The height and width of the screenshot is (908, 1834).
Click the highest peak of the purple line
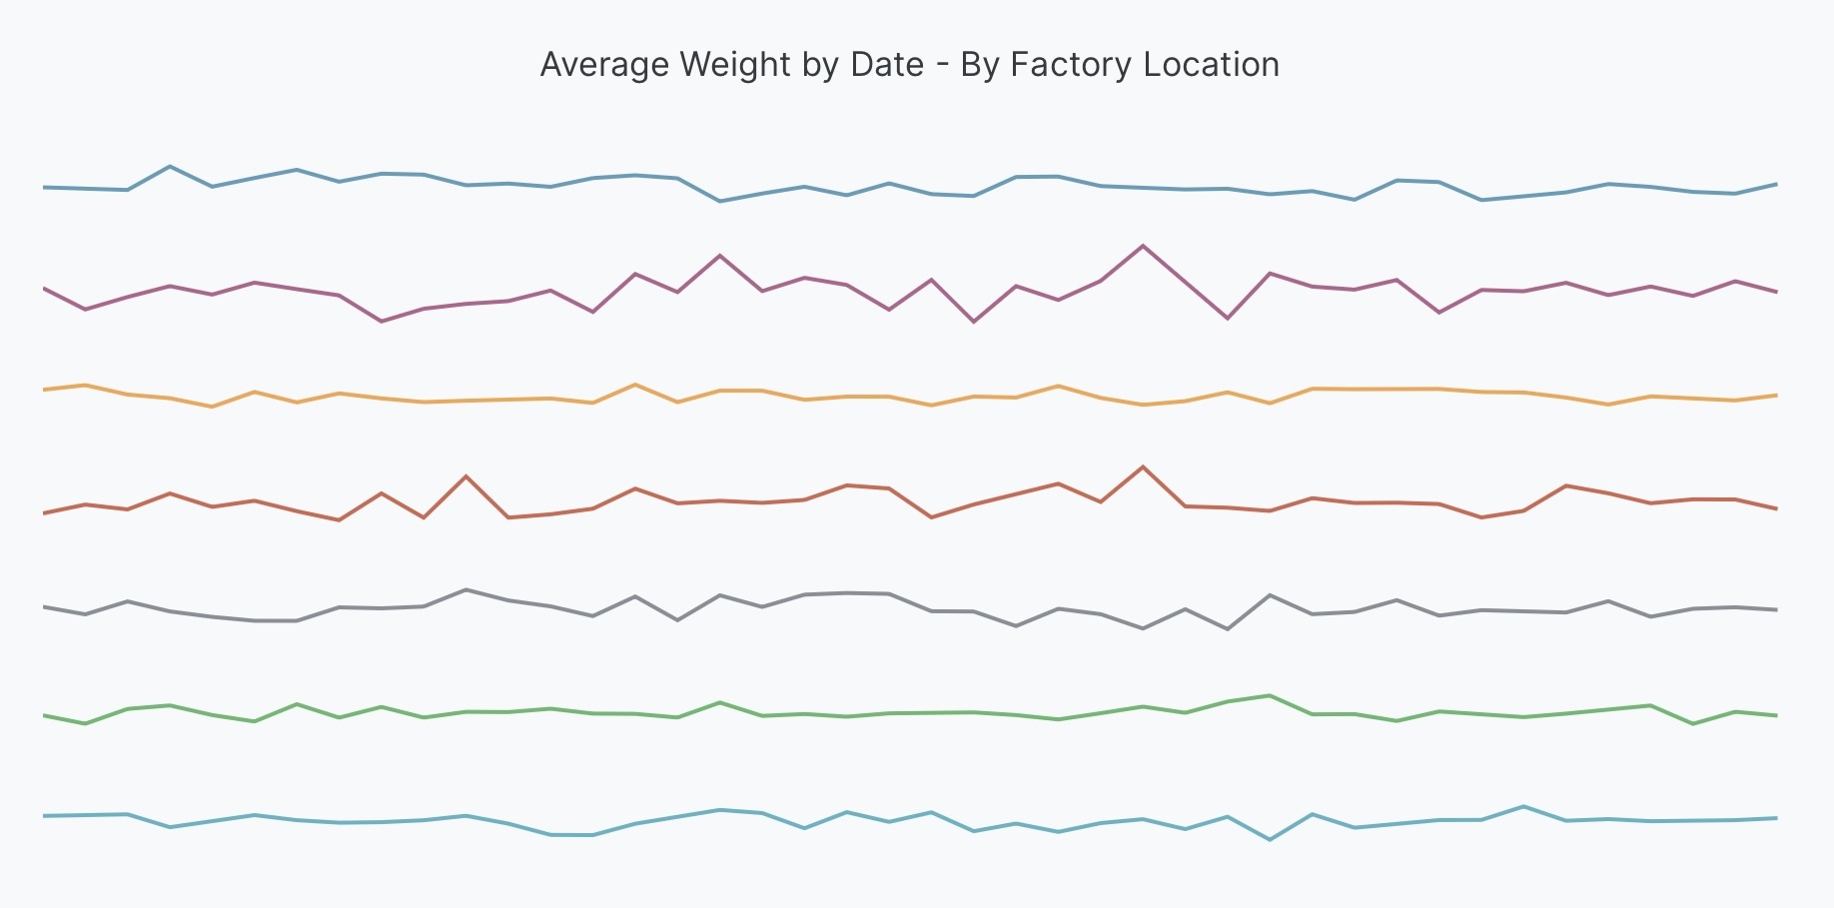1143,246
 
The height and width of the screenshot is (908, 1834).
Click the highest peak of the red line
1143,466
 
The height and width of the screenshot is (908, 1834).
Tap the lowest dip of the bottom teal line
1270,840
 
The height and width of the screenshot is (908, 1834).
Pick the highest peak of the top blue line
170,166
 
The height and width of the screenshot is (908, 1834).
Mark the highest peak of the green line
1270,695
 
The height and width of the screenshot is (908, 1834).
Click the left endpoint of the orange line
44,390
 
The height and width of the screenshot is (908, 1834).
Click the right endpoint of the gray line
1776,609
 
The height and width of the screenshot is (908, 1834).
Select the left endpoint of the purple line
44,288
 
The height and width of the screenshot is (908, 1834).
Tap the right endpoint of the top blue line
1776,184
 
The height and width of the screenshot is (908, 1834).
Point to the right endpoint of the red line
1776,508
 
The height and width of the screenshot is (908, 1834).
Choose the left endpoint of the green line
44,715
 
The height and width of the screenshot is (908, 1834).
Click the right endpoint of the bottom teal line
1776,818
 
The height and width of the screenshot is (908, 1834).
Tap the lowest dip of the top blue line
720,202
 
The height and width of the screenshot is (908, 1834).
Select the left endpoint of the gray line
44,606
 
